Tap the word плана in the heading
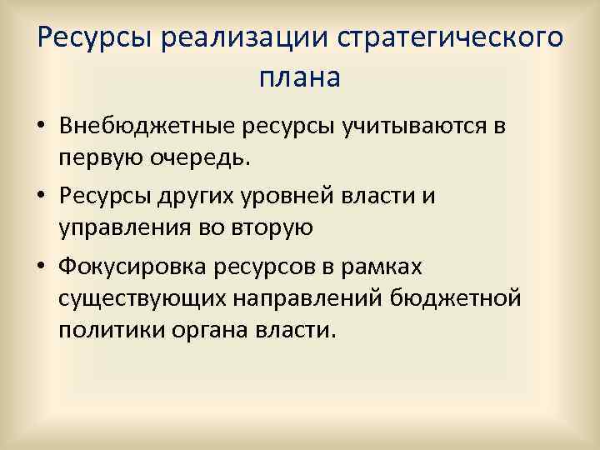pyautogui.click(x=300, y=78)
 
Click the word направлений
pyautogui.click(x=313, y=298)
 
